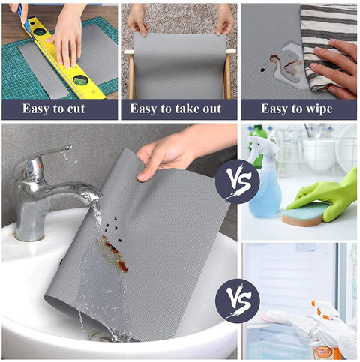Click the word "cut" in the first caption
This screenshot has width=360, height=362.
[x=76, y=109]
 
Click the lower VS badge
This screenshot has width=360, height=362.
[x=237, y=301]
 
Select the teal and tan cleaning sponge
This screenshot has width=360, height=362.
[x=304, y=214]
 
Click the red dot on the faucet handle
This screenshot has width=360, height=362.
[x=40, y=166]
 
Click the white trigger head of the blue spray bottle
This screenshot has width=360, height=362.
[x=262, y=147]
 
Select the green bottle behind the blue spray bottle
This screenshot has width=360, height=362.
[x=258, y=142]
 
